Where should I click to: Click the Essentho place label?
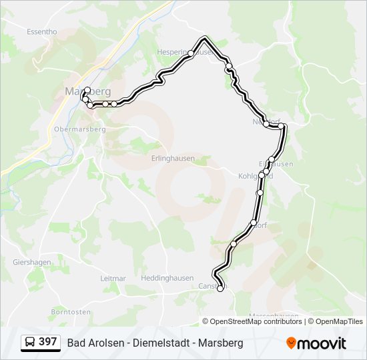[41, 31]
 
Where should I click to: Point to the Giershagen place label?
[31, 263]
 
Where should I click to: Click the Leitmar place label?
[113, 277]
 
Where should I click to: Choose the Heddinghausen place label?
[167, 277]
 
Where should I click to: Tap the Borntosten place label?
[71, 311]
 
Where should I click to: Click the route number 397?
[47, 342]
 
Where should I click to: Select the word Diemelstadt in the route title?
[161, 343]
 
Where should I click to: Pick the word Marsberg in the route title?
[222, 343]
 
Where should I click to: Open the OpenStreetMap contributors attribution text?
[256, 321]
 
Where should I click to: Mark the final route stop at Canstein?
[220, 289]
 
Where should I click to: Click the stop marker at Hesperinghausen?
[191, 53]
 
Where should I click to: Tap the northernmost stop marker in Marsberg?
[87, 90]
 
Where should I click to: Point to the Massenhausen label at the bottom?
[274, 316]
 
